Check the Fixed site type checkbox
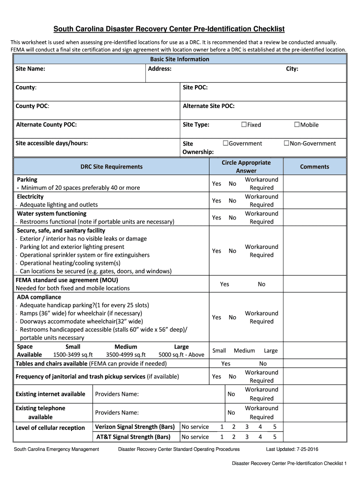tap(244, 124)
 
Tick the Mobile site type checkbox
tap(296, 124)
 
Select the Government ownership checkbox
tap(225, 143)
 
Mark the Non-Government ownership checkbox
tap(287, 143)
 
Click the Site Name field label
tap(30, 69)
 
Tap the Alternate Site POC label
tap(209, 106)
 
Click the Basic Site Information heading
tap(180, 59)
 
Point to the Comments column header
tap(314, 167)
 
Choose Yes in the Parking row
tap(216, 184)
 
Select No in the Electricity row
tap(232, 201)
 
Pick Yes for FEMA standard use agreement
tap(224, 284)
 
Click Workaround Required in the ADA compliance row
tap(261, 317)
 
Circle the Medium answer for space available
tap(244, 350)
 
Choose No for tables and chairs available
tap(263, 363)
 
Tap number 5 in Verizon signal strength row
tap(275, 427)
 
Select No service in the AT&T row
tap(195, 437)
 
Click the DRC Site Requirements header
tap(112, 167)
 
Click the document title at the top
tap(169, 29)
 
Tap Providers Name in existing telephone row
tap(117, 413)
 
